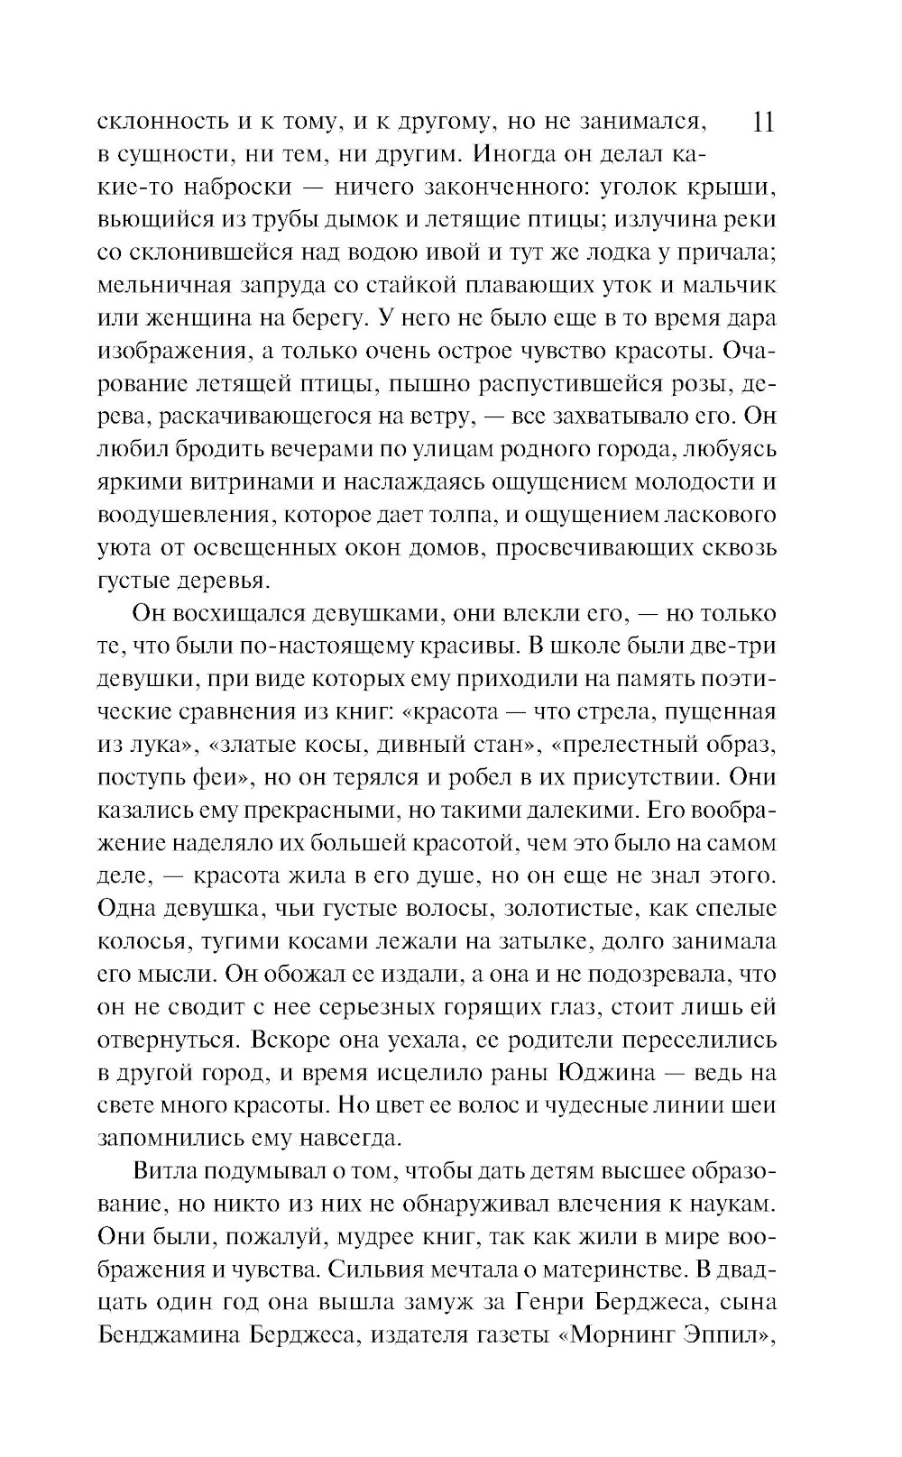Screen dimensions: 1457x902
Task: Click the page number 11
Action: click(x=762, y=122)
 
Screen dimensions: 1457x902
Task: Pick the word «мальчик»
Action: click(x=725, y=286)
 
